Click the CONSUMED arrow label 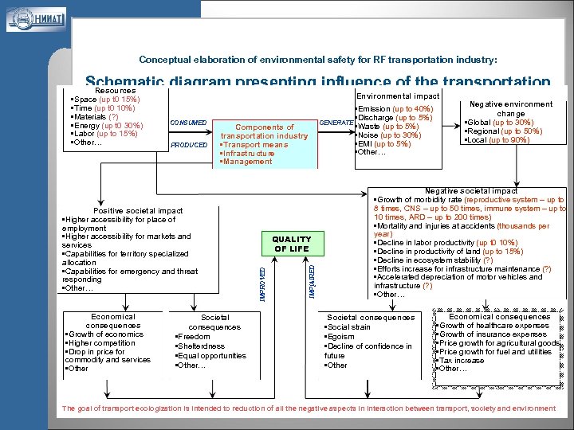coord(188,122)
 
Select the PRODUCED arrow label coord(189,145)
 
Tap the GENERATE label coord(336,123)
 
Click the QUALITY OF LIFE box coord(291,244)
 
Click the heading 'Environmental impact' coord(396,96)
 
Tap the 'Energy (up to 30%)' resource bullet coord(107,125)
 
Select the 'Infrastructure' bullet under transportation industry coord(250,153)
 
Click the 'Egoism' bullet coord(341,337)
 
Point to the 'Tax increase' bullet coord(462,360)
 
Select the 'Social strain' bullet coord(348,327)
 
